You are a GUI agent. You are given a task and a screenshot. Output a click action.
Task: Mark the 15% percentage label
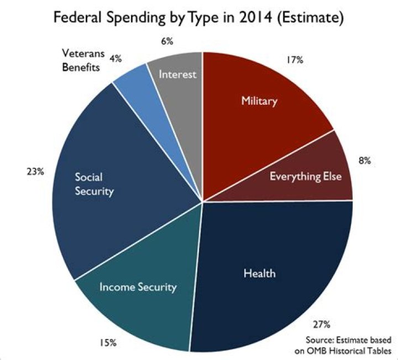coord(108,343)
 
